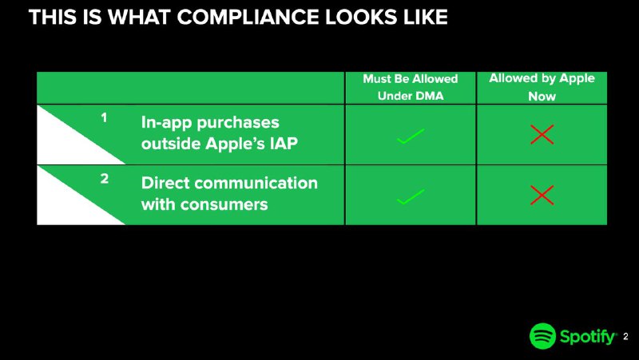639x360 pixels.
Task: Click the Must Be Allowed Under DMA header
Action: click(x=411, y=87)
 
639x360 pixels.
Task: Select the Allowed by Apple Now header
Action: click(x=542, y=87)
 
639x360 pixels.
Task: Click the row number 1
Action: click(x=104, y=117)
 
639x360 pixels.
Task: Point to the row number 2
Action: click(x=105, y=178)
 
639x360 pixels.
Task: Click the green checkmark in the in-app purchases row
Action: click(x=411, y=136)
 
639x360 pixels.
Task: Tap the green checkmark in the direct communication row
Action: click(x=411, y=196)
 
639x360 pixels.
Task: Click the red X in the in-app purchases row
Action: click(x=542, y=134)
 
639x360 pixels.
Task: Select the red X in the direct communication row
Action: click(x=542, y=195)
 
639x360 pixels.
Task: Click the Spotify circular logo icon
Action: click(x=542, y=336)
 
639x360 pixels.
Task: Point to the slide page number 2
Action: click(x=625, y=337)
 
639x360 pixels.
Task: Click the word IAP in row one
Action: click(x=284, y=144)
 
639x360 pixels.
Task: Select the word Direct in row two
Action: click(x=165, y=183)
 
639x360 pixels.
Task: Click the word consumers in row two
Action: click(x=224, y=204)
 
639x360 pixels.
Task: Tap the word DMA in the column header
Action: click(x=428, y=96)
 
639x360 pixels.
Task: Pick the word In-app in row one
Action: click(x=167, y=123)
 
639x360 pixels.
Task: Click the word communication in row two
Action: click(x=256, y=183)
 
